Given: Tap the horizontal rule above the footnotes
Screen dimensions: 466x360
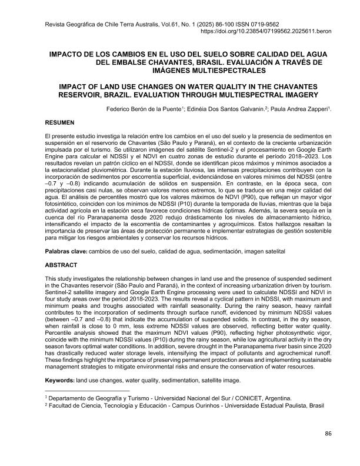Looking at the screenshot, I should [x=87, y=391].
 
